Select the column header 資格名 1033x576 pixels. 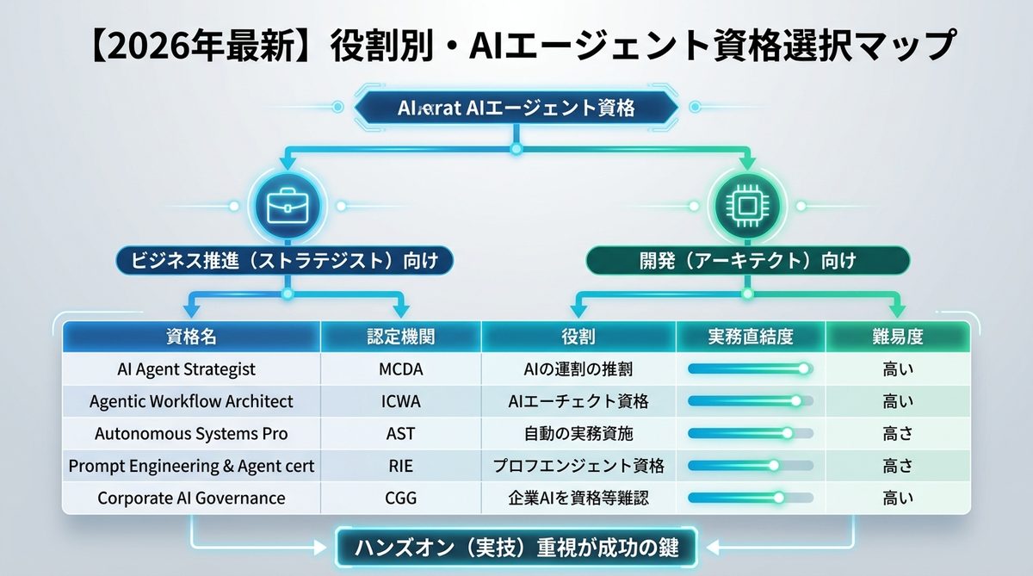click(191, 337)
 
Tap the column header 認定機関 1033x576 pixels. click(400, 337)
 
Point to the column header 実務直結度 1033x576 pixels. click(751, 337)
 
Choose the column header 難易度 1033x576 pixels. click(898, 337)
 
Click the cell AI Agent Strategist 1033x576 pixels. click(187, 369)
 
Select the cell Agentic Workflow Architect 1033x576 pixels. click(191, 401)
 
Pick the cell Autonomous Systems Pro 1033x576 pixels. click(191, 434)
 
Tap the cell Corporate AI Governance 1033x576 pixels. click(191, 498)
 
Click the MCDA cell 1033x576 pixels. click(400, 369)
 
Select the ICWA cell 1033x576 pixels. click(400, 401)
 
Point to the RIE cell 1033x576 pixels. click(400, 466)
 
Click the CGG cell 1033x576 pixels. click(400, 498)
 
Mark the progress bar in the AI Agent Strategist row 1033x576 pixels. click(750, 369)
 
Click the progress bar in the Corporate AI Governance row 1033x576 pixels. click(750, 498)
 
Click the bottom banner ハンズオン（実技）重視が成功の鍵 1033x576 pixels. click(516, 546)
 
